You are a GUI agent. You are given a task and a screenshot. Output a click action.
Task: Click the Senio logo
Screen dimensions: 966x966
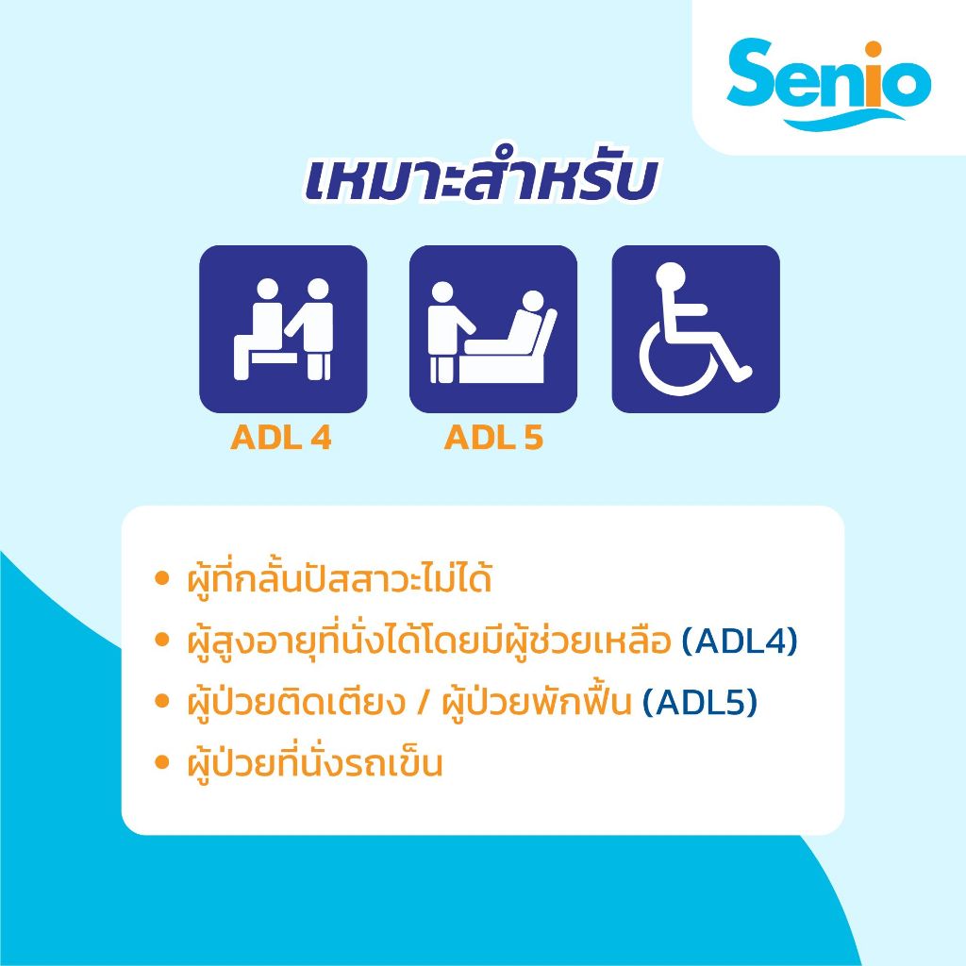[828, 84]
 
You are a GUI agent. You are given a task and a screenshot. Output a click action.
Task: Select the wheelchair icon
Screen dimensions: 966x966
[695, 329]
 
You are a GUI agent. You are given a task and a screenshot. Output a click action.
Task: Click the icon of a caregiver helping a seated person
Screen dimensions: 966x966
[283, 329]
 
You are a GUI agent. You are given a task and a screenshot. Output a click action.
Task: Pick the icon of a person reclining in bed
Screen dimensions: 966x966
[492, 329]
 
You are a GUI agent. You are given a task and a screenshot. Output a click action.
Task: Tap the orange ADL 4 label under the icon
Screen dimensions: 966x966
[281, 438]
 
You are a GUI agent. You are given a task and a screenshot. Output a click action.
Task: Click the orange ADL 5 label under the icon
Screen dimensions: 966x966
[493, 438]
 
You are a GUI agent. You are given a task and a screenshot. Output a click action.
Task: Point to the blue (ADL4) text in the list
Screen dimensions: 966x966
[740, 641]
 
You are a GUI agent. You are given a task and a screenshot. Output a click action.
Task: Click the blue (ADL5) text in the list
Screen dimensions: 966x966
[700, 702]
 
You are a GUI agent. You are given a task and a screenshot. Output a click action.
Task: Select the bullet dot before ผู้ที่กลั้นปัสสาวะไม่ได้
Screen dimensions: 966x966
[161, 578]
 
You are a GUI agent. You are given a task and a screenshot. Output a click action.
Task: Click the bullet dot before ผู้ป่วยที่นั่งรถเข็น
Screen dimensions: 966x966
[161, 762]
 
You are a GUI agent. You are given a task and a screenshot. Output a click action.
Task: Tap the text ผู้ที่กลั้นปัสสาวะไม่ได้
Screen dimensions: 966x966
[340, 579]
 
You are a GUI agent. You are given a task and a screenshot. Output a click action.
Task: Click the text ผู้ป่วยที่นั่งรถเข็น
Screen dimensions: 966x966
[315, 762]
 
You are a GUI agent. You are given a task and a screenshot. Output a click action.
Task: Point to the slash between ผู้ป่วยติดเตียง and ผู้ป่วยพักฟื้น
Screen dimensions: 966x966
[423, 702]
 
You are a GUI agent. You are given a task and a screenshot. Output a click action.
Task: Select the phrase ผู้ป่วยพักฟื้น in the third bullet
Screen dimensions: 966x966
[537, 701]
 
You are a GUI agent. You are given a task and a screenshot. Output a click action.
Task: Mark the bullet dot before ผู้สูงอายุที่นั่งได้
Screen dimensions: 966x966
[161, 641]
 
